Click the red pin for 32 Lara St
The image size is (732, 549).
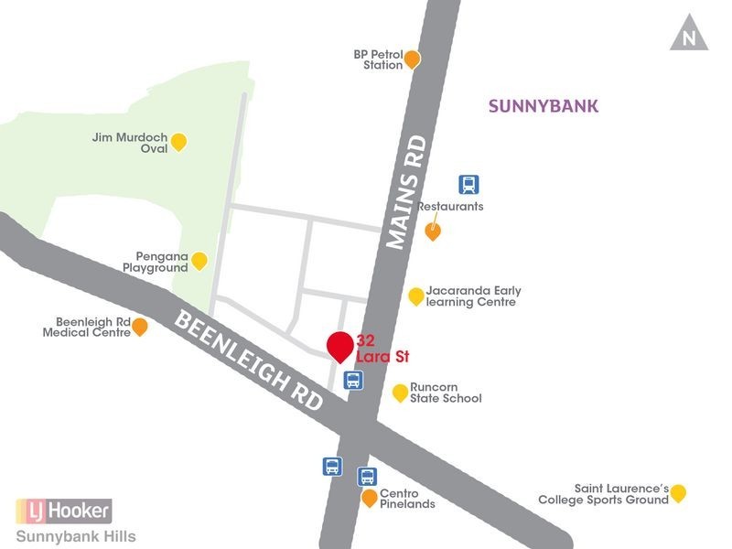339,346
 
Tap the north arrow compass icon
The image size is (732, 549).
689,37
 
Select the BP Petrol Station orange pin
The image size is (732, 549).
412,59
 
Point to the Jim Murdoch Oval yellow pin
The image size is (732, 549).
179,141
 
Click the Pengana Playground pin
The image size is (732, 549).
199,260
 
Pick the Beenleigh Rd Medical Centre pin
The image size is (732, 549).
140,326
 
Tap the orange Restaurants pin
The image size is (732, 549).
434,231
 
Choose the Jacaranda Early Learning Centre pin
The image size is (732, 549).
416,295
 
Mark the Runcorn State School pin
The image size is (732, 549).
400,393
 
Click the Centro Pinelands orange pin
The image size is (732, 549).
369,498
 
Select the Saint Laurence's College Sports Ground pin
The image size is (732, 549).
678,493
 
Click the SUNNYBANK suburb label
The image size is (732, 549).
544,106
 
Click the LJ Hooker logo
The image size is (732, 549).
63,510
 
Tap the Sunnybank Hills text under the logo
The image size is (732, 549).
76,536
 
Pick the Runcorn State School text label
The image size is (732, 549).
446,393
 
